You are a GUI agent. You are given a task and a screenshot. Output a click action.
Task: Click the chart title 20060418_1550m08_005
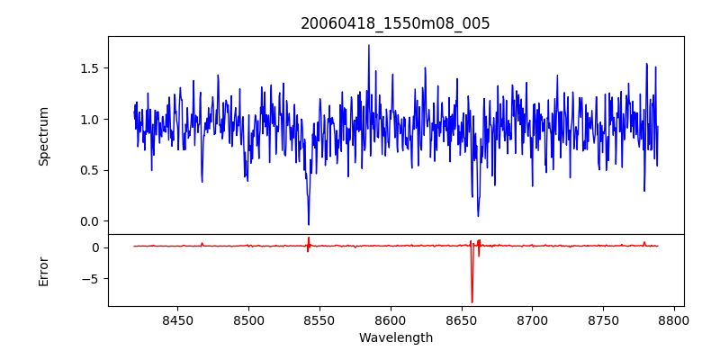(x=395, y=23)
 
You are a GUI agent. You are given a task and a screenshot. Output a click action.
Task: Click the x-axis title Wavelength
(x=396, y=337)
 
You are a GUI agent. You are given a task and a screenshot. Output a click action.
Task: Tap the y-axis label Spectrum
(x=43, y=136)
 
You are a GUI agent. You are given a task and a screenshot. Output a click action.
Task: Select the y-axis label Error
(x=43, y=271)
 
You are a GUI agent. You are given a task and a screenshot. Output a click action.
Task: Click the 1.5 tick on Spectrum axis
(x=88, y=68)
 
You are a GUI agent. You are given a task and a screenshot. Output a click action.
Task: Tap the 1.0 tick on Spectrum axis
(x=88, y=120)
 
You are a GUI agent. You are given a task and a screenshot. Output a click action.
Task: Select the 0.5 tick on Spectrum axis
(x=88, y=170)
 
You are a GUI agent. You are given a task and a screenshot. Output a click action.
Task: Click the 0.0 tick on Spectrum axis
(x=88, y=221)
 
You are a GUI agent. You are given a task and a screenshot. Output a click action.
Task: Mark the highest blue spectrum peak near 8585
(x=368, y=46)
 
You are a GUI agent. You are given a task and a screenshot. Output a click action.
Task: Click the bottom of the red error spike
(x=472, y=302)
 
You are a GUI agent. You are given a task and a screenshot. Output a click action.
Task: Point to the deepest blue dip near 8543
(x=309, y=224)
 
